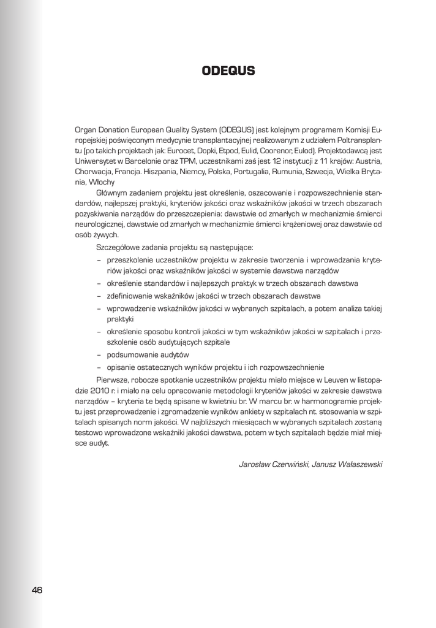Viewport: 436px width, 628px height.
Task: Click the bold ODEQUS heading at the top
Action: pos(228,71)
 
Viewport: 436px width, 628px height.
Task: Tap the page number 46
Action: pos(37,590)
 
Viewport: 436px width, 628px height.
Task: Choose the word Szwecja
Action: pos(324,171)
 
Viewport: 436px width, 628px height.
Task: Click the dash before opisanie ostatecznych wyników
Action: pos(99,367)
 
